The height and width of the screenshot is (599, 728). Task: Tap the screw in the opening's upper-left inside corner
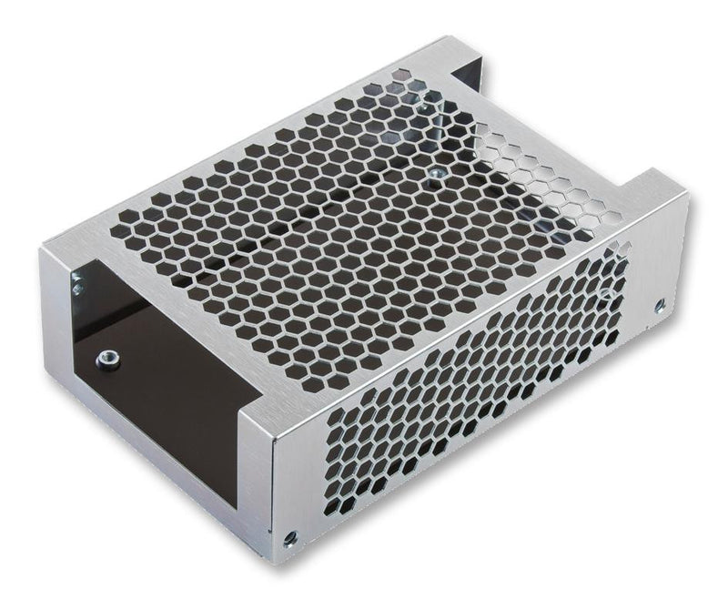click(x=78, y=289)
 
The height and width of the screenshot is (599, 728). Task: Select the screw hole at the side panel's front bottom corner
click(x=290, y=538)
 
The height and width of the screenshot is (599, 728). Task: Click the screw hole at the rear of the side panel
click(x=660, y=306)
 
